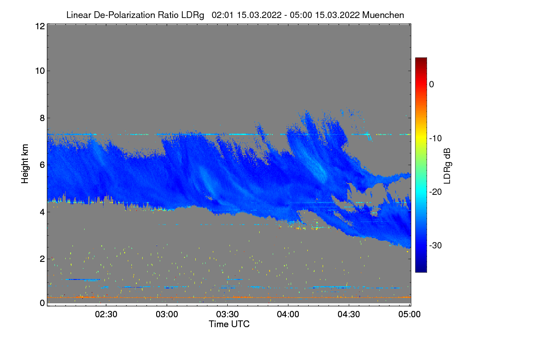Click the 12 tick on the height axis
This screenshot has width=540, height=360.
pyautogui.click(x=39, y=26)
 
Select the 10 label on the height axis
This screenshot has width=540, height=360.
pyautogui.click(x=39, y=71)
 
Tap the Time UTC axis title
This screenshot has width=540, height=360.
pyautogui.click(x=229, y=324)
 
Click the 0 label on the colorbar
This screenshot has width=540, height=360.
pyautogui.click(x=432, y=84)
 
